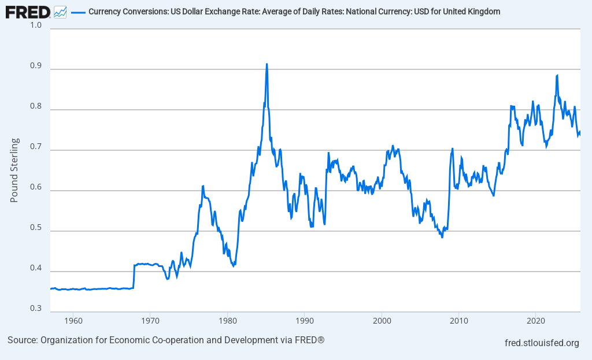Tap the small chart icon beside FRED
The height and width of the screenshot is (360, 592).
[60, 12]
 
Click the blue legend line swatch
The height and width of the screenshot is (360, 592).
[78, 12]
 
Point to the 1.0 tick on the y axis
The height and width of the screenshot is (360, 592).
[36, 25]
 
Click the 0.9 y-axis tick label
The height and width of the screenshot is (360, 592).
[36, 66]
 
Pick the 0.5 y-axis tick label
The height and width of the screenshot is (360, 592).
[36, 228]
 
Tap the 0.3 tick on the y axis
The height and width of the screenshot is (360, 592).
[36, 309]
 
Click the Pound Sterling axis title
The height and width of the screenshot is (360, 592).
[14, 170]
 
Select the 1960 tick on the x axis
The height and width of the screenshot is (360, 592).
[73, 320]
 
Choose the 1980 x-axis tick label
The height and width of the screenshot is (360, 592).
[227, 320]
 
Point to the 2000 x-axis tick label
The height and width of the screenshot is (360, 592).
[382, 320]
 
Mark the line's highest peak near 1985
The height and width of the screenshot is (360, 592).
[267, 64]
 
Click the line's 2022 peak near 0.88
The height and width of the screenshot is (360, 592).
[557, 75]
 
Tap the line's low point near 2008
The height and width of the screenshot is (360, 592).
[442, 237]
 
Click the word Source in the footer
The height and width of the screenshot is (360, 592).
[22, 340]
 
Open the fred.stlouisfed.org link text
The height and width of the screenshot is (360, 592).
[542, 343]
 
